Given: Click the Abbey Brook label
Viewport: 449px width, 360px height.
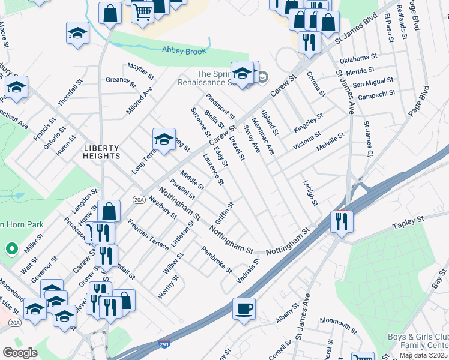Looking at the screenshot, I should tap(184, 51).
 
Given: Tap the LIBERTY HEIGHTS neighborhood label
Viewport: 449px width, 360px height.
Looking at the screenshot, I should tap(102, 152).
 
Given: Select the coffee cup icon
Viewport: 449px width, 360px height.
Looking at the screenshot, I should tap(244, 308).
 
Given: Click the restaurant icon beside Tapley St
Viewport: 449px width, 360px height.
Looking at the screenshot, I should tap(342, 221).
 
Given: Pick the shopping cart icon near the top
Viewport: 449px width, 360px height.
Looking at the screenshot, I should tap(142, 11).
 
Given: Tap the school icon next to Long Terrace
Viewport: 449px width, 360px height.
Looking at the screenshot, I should tap(164, 139).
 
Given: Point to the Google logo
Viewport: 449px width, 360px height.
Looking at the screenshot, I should tap(20, 353).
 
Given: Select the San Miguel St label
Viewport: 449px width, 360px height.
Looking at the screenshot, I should tap(373, 80).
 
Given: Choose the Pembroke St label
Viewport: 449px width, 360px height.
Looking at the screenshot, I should tap(217, 260).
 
